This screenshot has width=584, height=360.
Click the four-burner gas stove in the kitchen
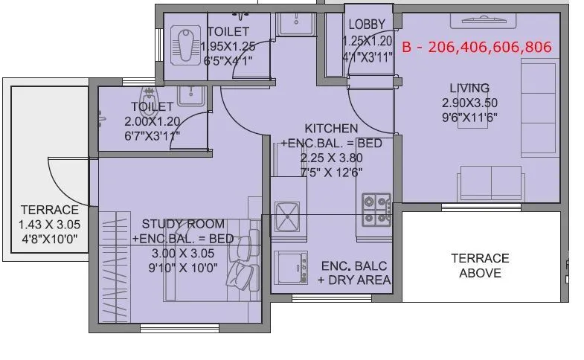(376, 210)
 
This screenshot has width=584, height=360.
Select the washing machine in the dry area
(290, 266)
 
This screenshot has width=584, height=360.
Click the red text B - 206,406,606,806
(476, 47)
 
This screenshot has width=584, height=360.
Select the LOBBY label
(366, 25)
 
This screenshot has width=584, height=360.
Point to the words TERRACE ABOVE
(480, 266)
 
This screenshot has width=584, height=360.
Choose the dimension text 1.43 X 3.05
(50, 225)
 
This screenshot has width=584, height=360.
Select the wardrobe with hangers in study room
(112, 253)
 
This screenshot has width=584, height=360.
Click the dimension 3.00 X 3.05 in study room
(183, 253)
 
